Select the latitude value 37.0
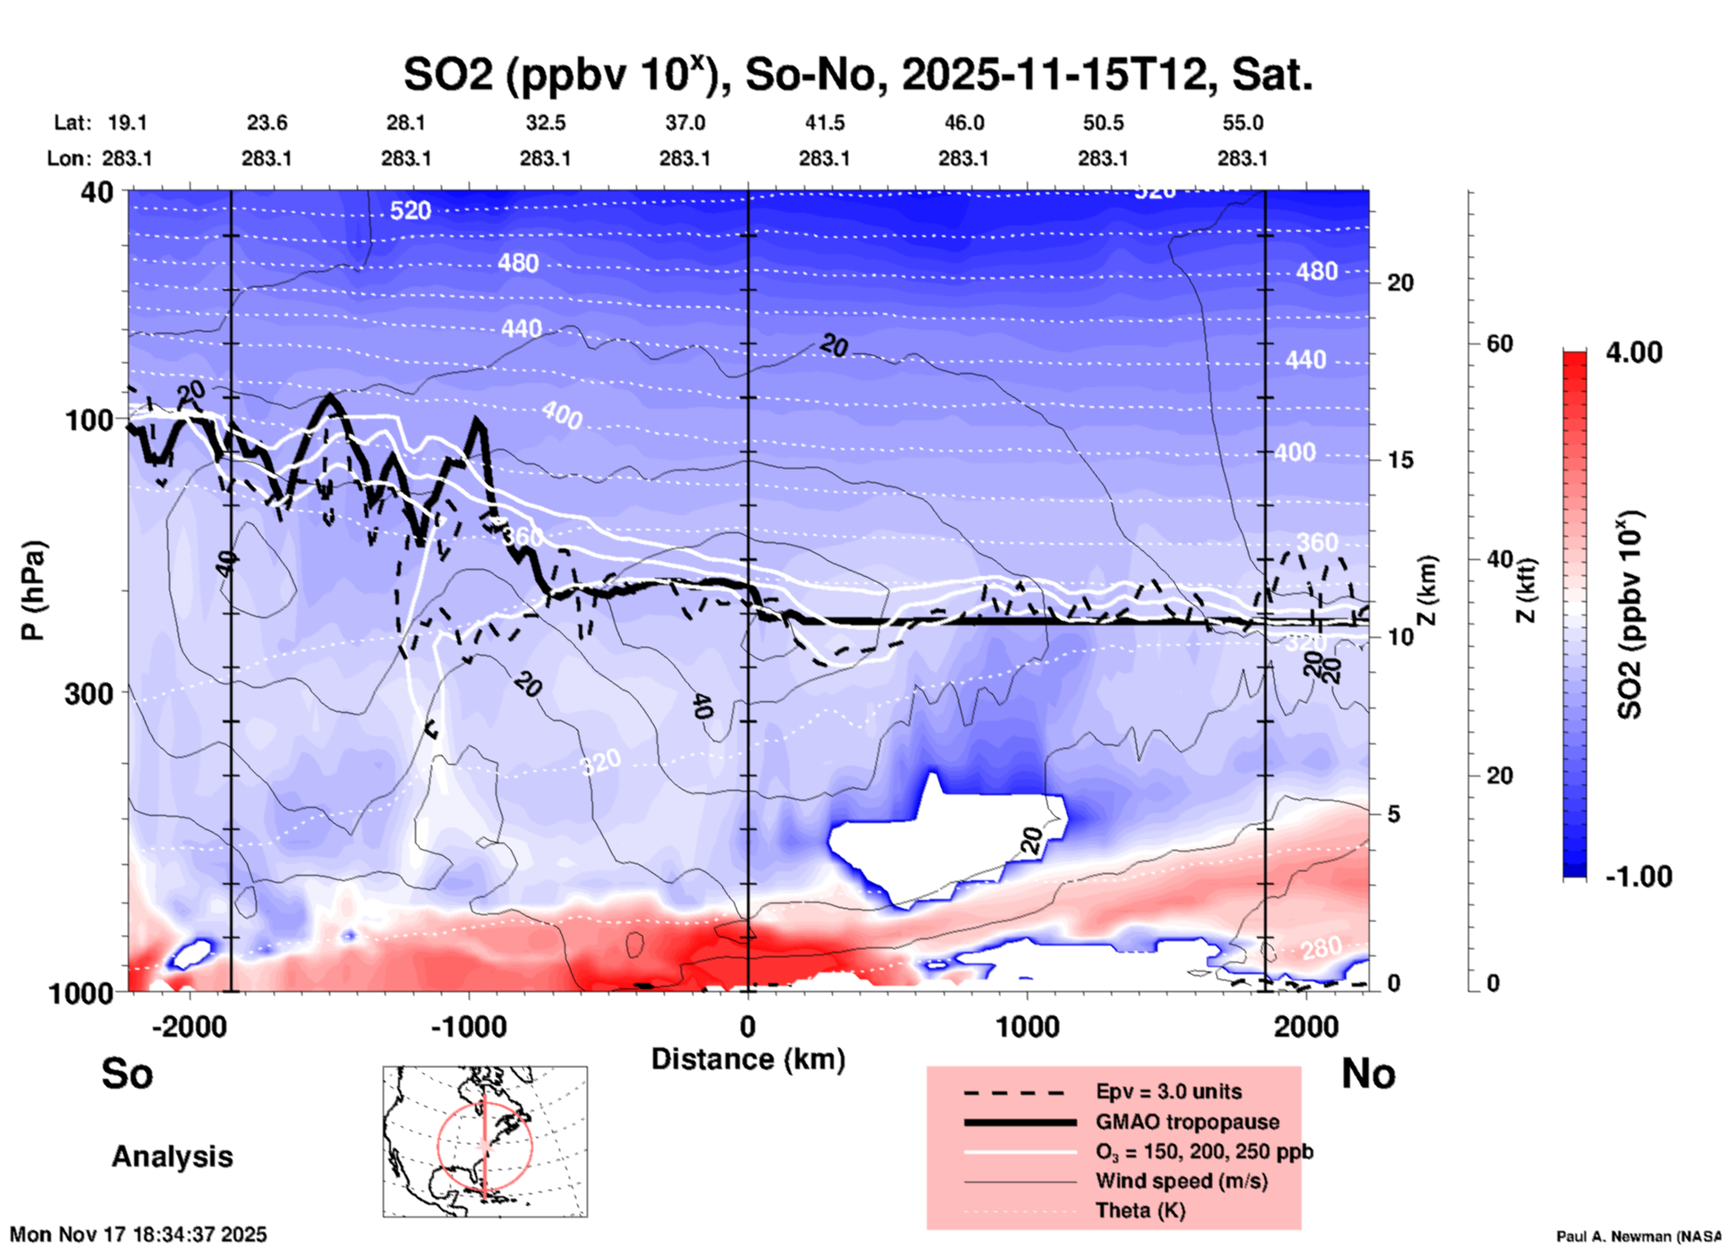[684, 123]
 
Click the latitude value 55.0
[1243, 123]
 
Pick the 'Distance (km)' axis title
[748, 1059]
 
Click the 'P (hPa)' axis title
[33, 590]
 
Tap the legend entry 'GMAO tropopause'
[1187, 1122]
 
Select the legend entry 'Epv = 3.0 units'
[1168, 1091]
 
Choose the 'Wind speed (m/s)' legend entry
[1181, 1181]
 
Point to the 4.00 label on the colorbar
[1634, 352]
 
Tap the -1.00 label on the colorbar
[1638, 876]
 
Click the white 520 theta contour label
[411, 210]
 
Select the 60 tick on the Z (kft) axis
[1499, 344]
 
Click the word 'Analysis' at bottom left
[172, 1156]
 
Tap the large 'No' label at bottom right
[1368, 1073]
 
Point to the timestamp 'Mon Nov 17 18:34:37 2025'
[139, 1234]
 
